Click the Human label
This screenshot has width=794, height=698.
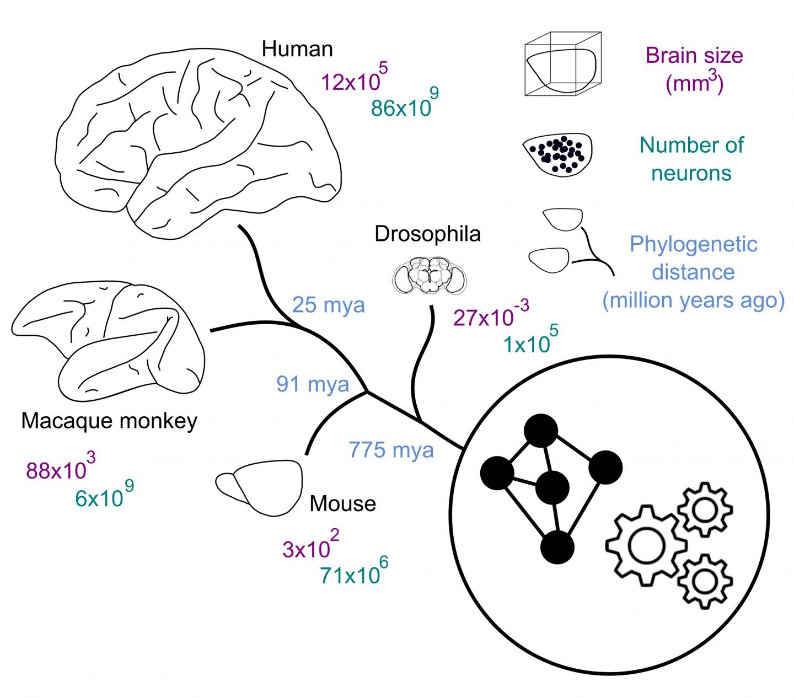297,49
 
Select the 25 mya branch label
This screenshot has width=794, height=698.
328,304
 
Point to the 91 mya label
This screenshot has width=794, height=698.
313,384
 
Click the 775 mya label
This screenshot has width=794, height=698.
391,450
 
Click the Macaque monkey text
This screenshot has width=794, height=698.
109,421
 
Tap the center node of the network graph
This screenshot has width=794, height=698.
552,487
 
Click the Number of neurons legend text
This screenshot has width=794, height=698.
691,159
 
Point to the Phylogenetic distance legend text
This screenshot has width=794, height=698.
693,272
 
